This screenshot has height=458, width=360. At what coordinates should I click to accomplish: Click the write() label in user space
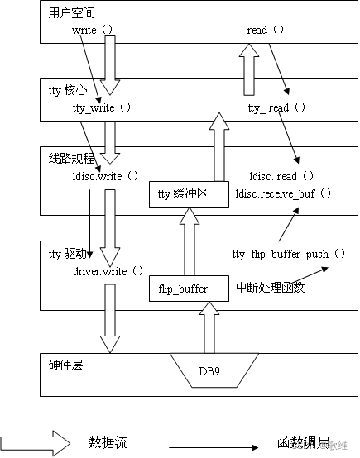pyautogui.click(x=94, y=30)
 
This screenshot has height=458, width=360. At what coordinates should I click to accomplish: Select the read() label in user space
pyautogui.click(x=266, y=30)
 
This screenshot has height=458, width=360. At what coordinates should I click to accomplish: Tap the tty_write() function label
pyautogui.click(x=102, y=108)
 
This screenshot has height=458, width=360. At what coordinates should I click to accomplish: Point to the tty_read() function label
pyautogui.click(x=277, y=108)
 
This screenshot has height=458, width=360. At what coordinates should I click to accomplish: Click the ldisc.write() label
pyautogui.click(x=105, y=176)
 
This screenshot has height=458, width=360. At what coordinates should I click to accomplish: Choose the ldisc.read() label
pyautogui.click(x=282, y=176)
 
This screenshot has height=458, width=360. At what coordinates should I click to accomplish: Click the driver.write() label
pyautogui.click(x=108, y=270)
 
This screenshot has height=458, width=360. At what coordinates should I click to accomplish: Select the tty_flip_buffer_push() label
pyautogui.click(x=287, y=254)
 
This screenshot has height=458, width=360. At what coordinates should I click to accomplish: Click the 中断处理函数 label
pyautogui.click(x=269, y=289)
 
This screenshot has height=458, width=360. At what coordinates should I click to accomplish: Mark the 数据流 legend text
pyautogui.click(x=108, y=442)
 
